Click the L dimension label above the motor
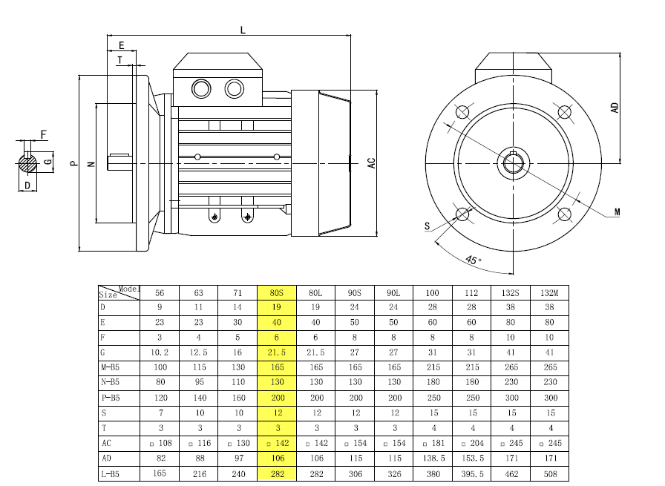pos(243,30)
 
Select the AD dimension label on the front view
pos(615,108)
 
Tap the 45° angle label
pos(473,260)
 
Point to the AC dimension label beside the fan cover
pos(372,163)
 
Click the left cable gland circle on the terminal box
pos(201,89)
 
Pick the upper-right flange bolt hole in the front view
pos(564,112)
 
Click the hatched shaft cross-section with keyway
pos(28,163)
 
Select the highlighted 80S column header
pos(277,293)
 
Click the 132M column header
pos(549,293)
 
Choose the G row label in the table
pos(102,352)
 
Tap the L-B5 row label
pos(111,473)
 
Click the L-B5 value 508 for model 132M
pos(550,473)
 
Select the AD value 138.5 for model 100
pos(433,459)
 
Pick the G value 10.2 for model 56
pos(160,352)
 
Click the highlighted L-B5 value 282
pos(277,473)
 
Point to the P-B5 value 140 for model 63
pos(200,398)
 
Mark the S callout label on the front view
pos(427,226)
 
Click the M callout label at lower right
pos(617,211)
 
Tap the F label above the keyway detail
pos(44,134)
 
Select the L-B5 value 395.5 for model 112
pos(473,473)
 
